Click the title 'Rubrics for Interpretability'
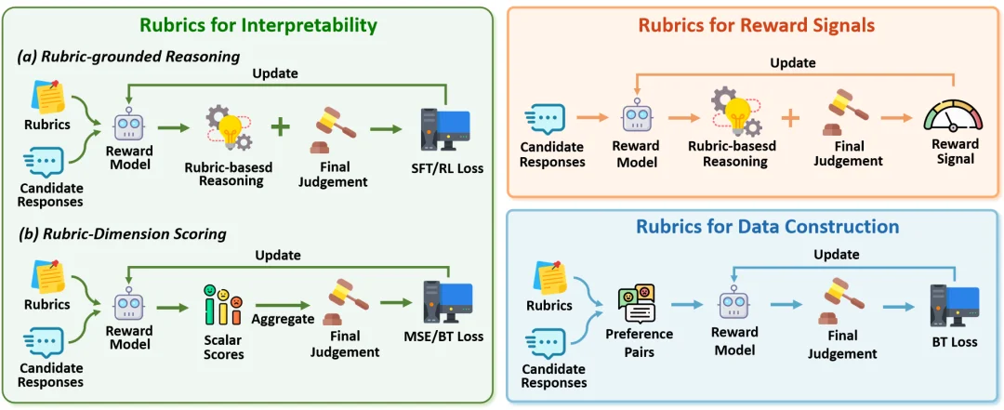[x=258, y=26]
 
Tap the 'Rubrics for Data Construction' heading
[x=754, y=226]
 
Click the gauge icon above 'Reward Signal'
[x=952, y=116]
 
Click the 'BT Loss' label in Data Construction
[x=954, y=342]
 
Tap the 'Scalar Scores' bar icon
[x=222, y=305]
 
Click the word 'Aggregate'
[x=283, y=319]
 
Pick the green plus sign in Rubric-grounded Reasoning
[x=279, y=126]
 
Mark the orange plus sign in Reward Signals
[x=791, y=118]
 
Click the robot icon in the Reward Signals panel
[x=637, y=117]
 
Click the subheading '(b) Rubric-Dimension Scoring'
[x=122, y=234]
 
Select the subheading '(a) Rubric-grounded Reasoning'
[x=128, y=57]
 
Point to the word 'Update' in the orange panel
[x=793, y=63]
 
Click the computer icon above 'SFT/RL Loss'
[x=444, y=133]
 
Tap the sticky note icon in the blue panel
[x=549, y=277]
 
